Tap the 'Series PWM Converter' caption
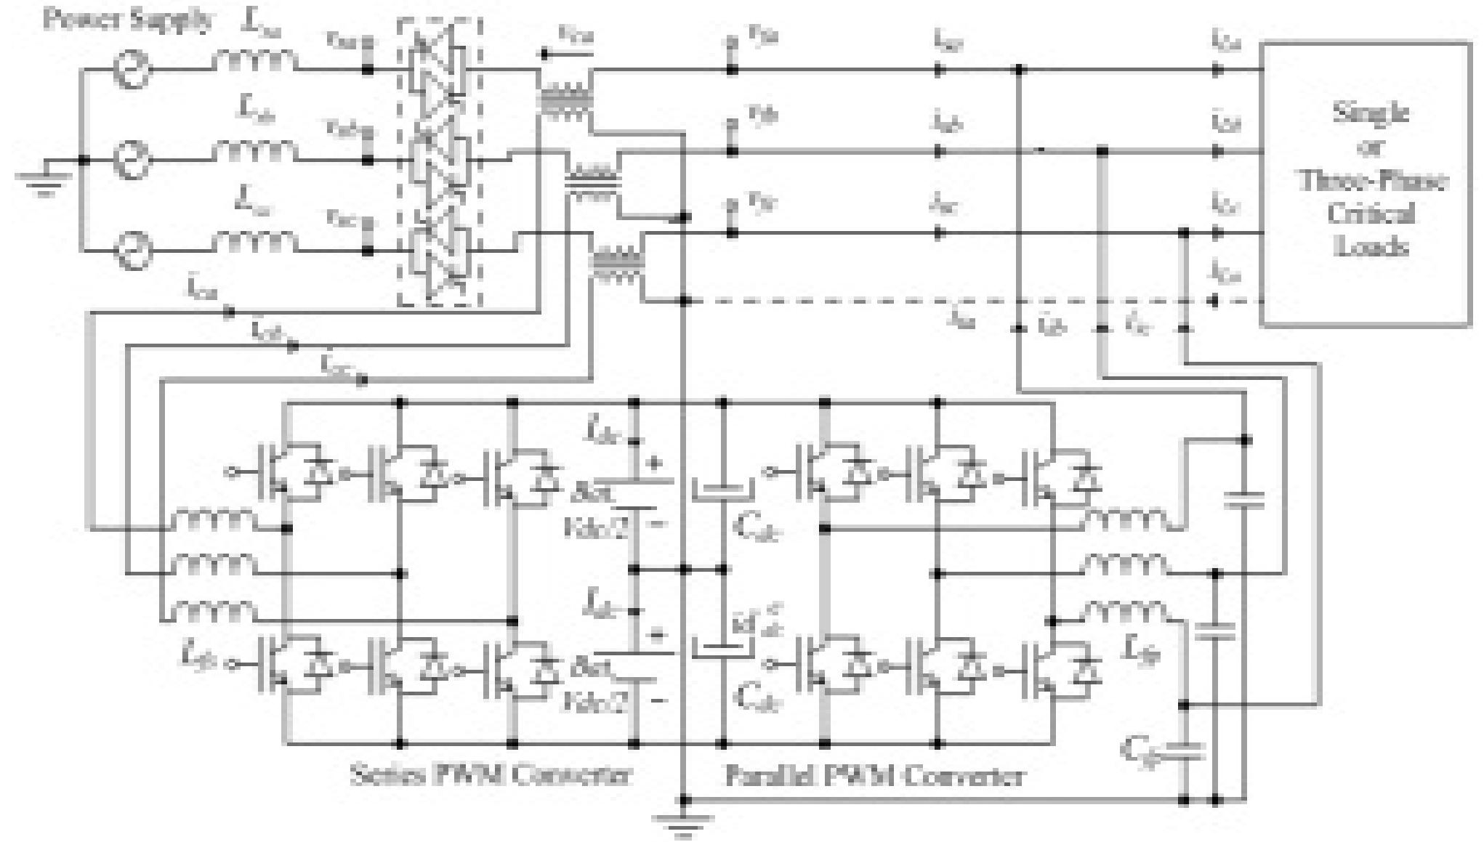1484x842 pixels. [491, 775]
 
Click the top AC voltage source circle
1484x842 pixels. [133, 70]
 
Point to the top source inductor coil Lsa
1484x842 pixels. [254, 62]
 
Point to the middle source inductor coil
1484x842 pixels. [254, 151]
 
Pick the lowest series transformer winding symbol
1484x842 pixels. [618, 266]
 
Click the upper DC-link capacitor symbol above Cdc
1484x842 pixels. [721, 490]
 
